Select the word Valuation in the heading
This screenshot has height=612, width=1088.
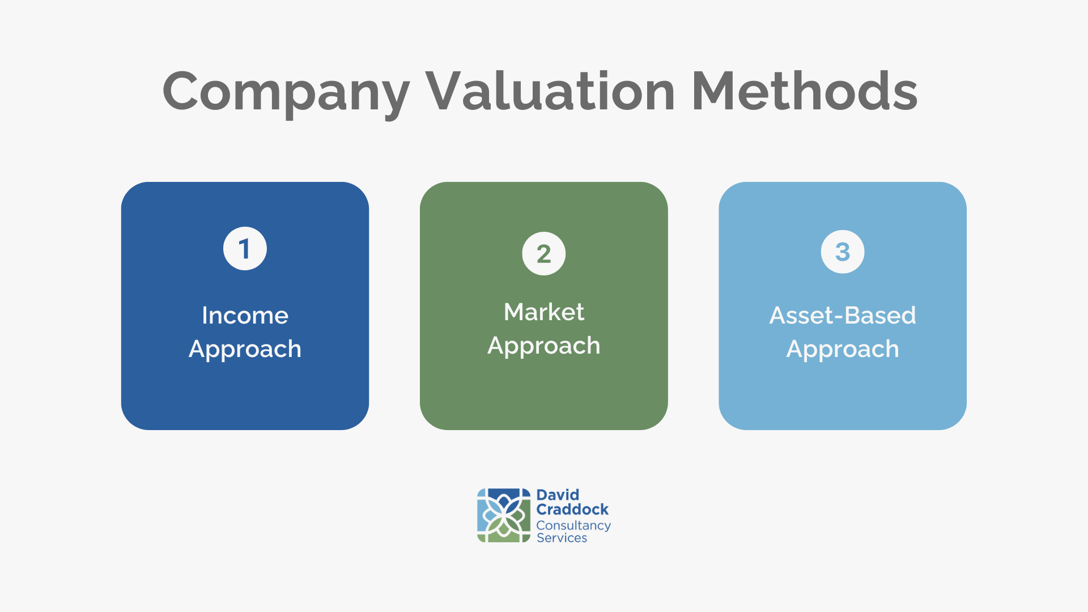(550, 91)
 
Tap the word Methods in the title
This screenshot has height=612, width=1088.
(805, 91)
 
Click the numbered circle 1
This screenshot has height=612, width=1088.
(245, 249)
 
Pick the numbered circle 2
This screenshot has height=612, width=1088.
(544, 253)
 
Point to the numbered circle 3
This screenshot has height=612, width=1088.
(843, 252)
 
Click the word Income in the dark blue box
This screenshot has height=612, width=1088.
(245, 315)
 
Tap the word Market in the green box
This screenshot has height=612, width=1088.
(544, 312)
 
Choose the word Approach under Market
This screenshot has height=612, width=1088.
(544, 346)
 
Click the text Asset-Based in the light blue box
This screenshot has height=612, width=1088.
(843, 315)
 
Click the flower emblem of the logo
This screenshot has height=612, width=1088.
(504, 516)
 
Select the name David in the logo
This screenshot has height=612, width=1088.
(558, 495)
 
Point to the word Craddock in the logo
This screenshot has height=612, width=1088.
(572, 509)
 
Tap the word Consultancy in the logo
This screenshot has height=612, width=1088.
(573, 526)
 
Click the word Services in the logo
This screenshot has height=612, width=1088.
(562, 538)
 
